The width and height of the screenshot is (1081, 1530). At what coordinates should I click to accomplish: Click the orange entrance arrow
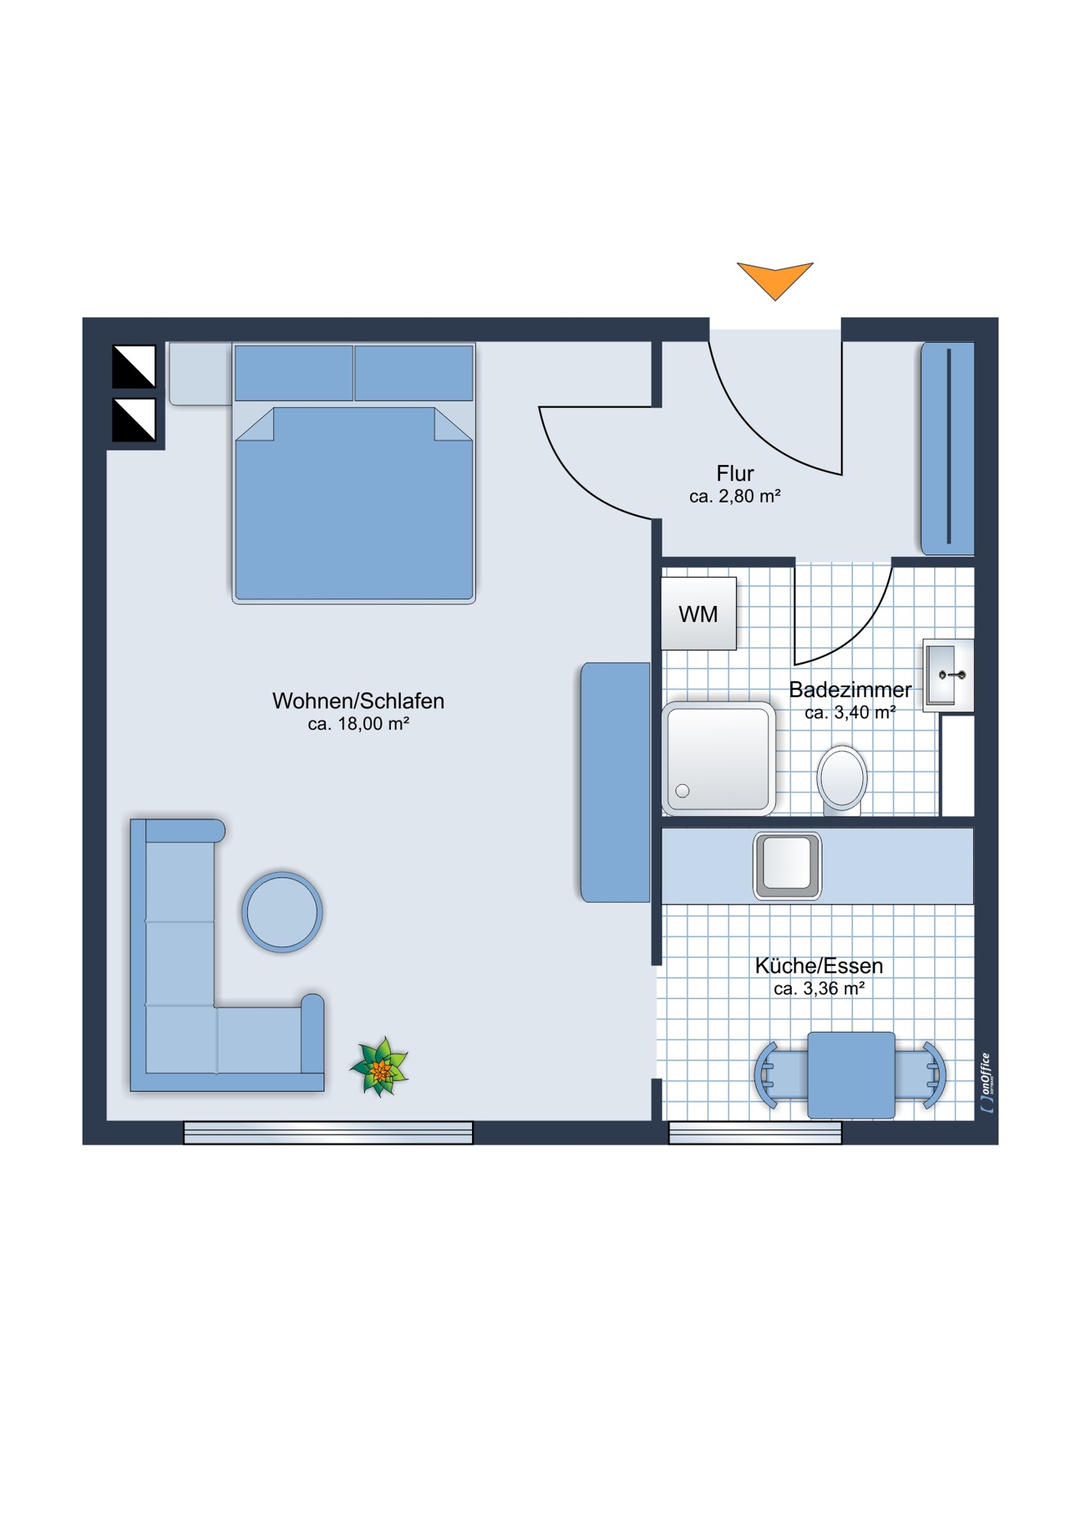[775, 279]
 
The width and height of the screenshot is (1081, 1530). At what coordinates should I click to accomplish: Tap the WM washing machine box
[698, 614]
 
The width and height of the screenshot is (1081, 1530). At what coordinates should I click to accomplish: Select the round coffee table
[282, 912]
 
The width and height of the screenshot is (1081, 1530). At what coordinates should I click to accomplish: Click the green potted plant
[379, 1067]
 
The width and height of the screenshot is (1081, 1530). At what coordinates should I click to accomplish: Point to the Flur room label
[735, 474]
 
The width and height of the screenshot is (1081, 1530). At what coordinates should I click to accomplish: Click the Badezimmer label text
[850, 689]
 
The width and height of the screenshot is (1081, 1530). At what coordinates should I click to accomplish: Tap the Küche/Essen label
[819, 965]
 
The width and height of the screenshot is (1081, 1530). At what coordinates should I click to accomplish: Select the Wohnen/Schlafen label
[358, 701]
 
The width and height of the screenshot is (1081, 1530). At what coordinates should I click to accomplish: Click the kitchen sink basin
[787, 866]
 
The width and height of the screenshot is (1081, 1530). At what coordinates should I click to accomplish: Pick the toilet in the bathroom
[842, 779]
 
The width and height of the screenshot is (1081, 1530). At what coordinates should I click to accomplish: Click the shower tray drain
[682, 791]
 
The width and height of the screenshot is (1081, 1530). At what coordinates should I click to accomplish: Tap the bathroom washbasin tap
[952, 675]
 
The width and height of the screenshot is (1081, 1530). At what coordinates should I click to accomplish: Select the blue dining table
[851, 1075]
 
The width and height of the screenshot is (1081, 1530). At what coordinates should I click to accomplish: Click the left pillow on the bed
[294, 373]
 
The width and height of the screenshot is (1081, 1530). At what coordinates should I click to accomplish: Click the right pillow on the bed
[414, 373]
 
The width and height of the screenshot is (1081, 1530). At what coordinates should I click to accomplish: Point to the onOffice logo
[986, 1082]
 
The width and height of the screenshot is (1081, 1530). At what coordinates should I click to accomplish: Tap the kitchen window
[755, 1133]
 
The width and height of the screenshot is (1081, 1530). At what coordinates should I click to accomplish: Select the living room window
[328, 1133]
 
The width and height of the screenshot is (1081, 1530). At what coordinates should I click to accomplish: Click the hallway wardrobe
[947, 448]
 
